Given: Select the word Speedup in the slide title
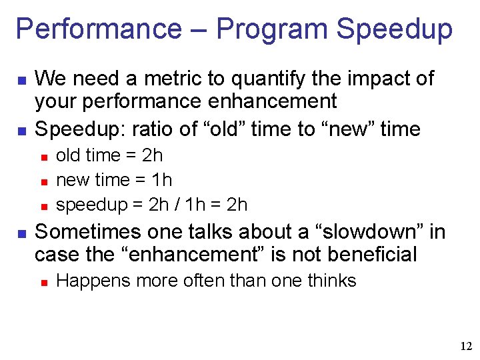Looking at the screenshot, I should [395, 29].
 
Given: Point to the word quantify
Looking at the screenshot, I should [268, 79].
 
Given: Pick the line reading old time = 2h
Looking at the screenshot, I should [109, 156].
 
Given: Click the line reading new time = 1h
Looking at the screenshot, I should [114, 180].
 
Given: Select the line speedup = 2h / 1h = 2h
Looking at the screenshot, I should [151, 205].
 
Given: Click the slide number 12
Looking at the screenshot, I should [466, 346].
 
